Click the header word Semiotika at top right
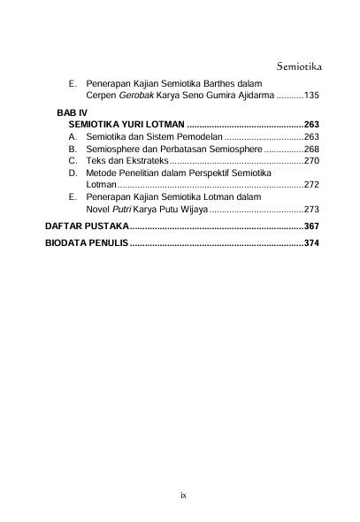click(297, 66)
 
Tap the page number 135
click(311, 95)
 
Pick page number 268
click(311, 150)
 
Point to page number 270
click(311, 162)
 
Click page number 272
click(311, 186)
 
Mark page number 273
click(311, 211)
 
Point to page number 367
click(311, 227)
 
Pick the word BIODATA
click(65, 244)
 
